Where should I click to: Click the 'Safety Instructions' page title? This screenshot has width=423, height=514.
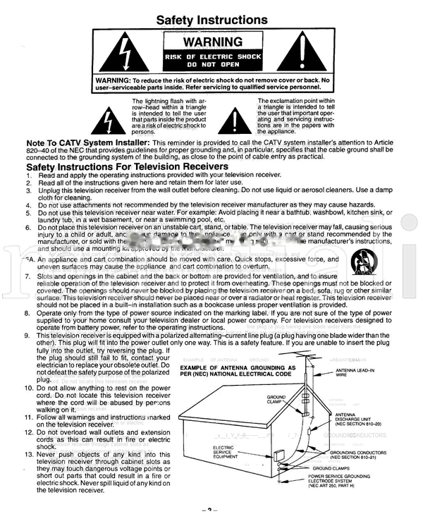click(x=211, y=20)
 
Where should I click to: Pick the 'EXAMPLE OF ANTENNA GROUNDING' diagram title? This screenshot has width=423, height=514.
click(x=238, y=371)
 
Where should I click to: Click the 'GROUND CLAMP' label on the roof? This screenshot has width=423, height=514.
click(x=276, y=400)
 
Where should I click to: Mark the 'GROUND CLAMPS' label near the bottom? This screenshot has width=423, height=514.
click(x=332, y=467)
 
